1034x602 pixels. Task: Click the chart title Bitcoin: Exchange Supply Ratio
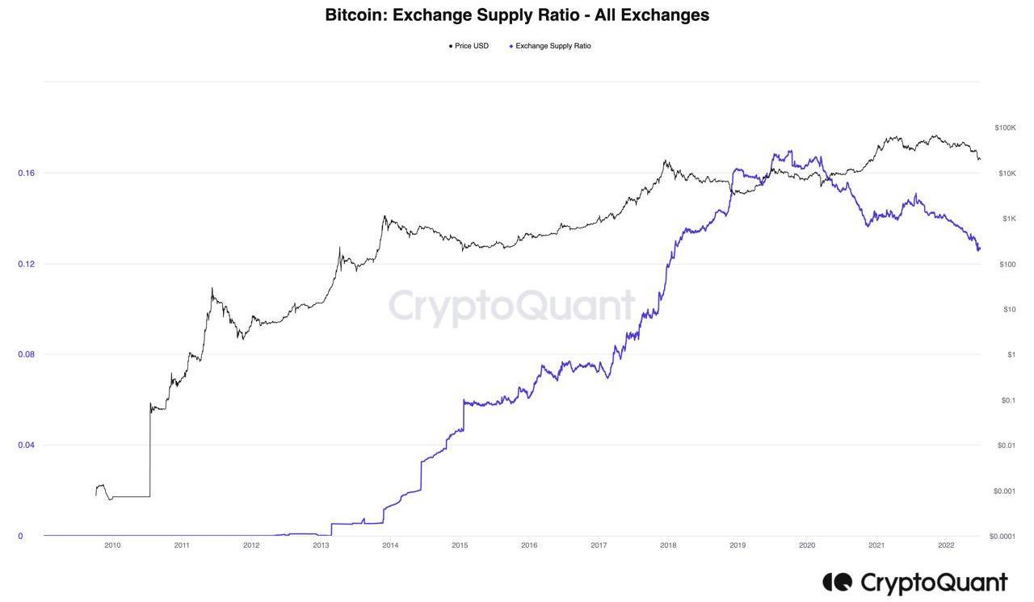[517, 15]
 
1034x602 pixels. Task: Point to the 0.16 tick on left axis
[26, 173]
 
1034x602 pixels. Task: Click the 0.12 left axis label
[26, 264]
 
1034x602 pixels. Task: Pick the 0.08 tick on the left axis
[26, 354]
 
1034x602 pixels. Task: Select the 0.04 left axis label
[26, 445]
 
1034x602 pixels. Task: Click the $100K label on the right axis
[1005, 128]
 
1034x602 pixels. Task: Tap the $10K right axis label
[1007, 173]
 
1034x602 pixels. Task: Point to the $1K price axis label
[1008, 219]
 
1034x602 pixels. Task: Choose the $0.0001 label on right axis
[1002, 537]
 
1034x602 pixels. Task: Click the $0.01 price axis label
[1006, 445]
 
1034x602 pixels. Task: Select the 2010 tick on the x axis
[112, 546]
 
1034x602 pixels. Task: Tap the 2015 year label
[460, 546]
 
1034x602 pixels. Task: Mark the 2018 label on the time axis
[668, 546]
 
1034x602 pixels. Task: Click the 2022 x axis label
[946, 546]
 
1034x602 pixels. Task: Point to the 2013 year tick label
[321, 546]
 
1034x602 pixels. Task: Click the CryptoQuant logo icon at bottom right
[837, 582]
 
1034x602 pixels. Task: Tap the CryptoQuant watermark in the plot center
[511, 307]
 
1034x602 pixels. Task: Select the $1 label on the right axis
[1011, 355]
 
